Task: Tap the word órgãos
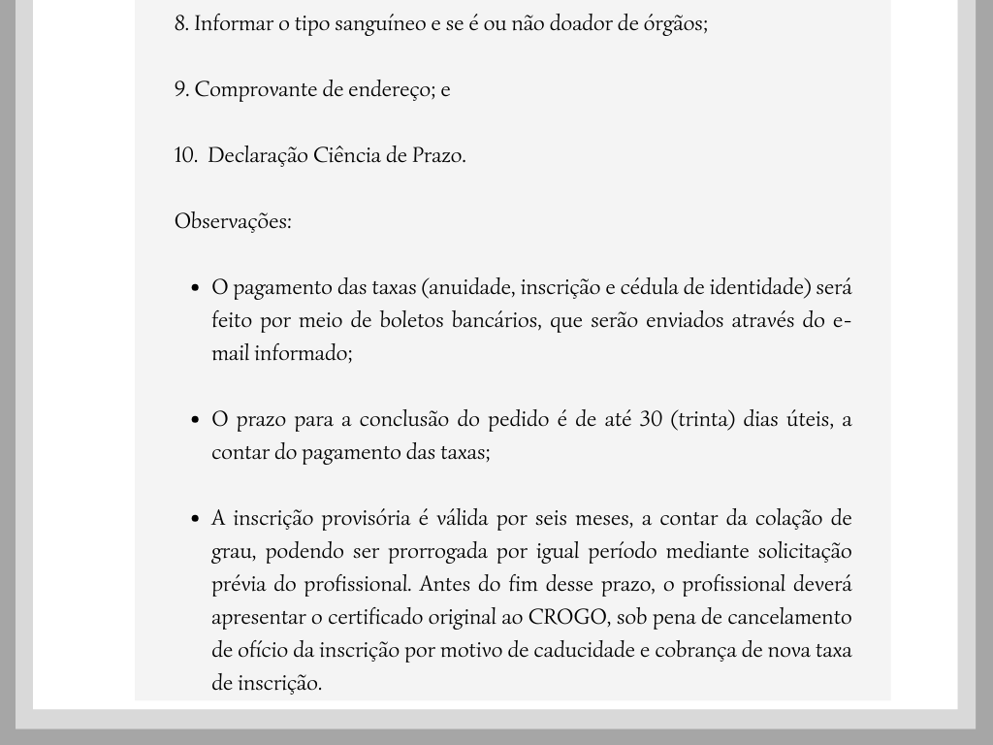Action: [677, 23]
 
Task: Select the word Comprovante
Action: [256, 89]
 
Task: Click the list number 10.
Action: [185, 155]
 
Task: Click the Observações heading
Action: [233, 221]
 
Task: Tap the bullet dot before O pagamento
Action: [195, 288]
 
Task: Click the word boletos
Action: [408, 320]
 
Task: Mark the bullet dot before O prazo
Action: [195, 420]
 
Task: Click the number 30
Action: [652, 419]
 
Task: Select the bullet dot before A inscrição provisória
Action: [195, 519]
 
